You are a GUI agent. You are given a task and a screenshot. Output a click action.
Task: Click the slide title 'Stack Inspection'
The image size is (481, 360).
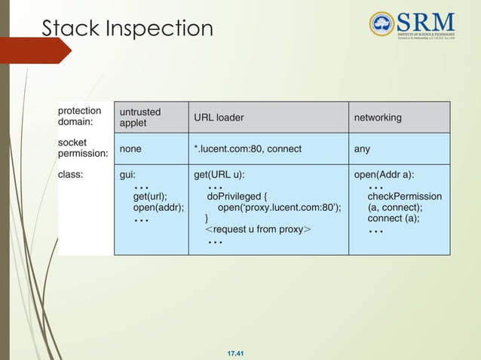coord(127,28)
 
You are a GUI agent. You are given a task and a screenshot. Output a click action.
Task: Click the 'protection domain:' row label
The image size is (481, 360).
coord(80,116)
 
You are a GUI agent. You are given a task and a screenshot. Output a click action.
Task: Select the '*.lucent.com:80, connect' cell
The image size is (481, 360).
coord(247,149)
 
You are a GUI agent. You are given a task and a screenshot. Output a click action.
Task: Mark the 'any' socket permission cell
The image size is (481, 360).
coord(362,149)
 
